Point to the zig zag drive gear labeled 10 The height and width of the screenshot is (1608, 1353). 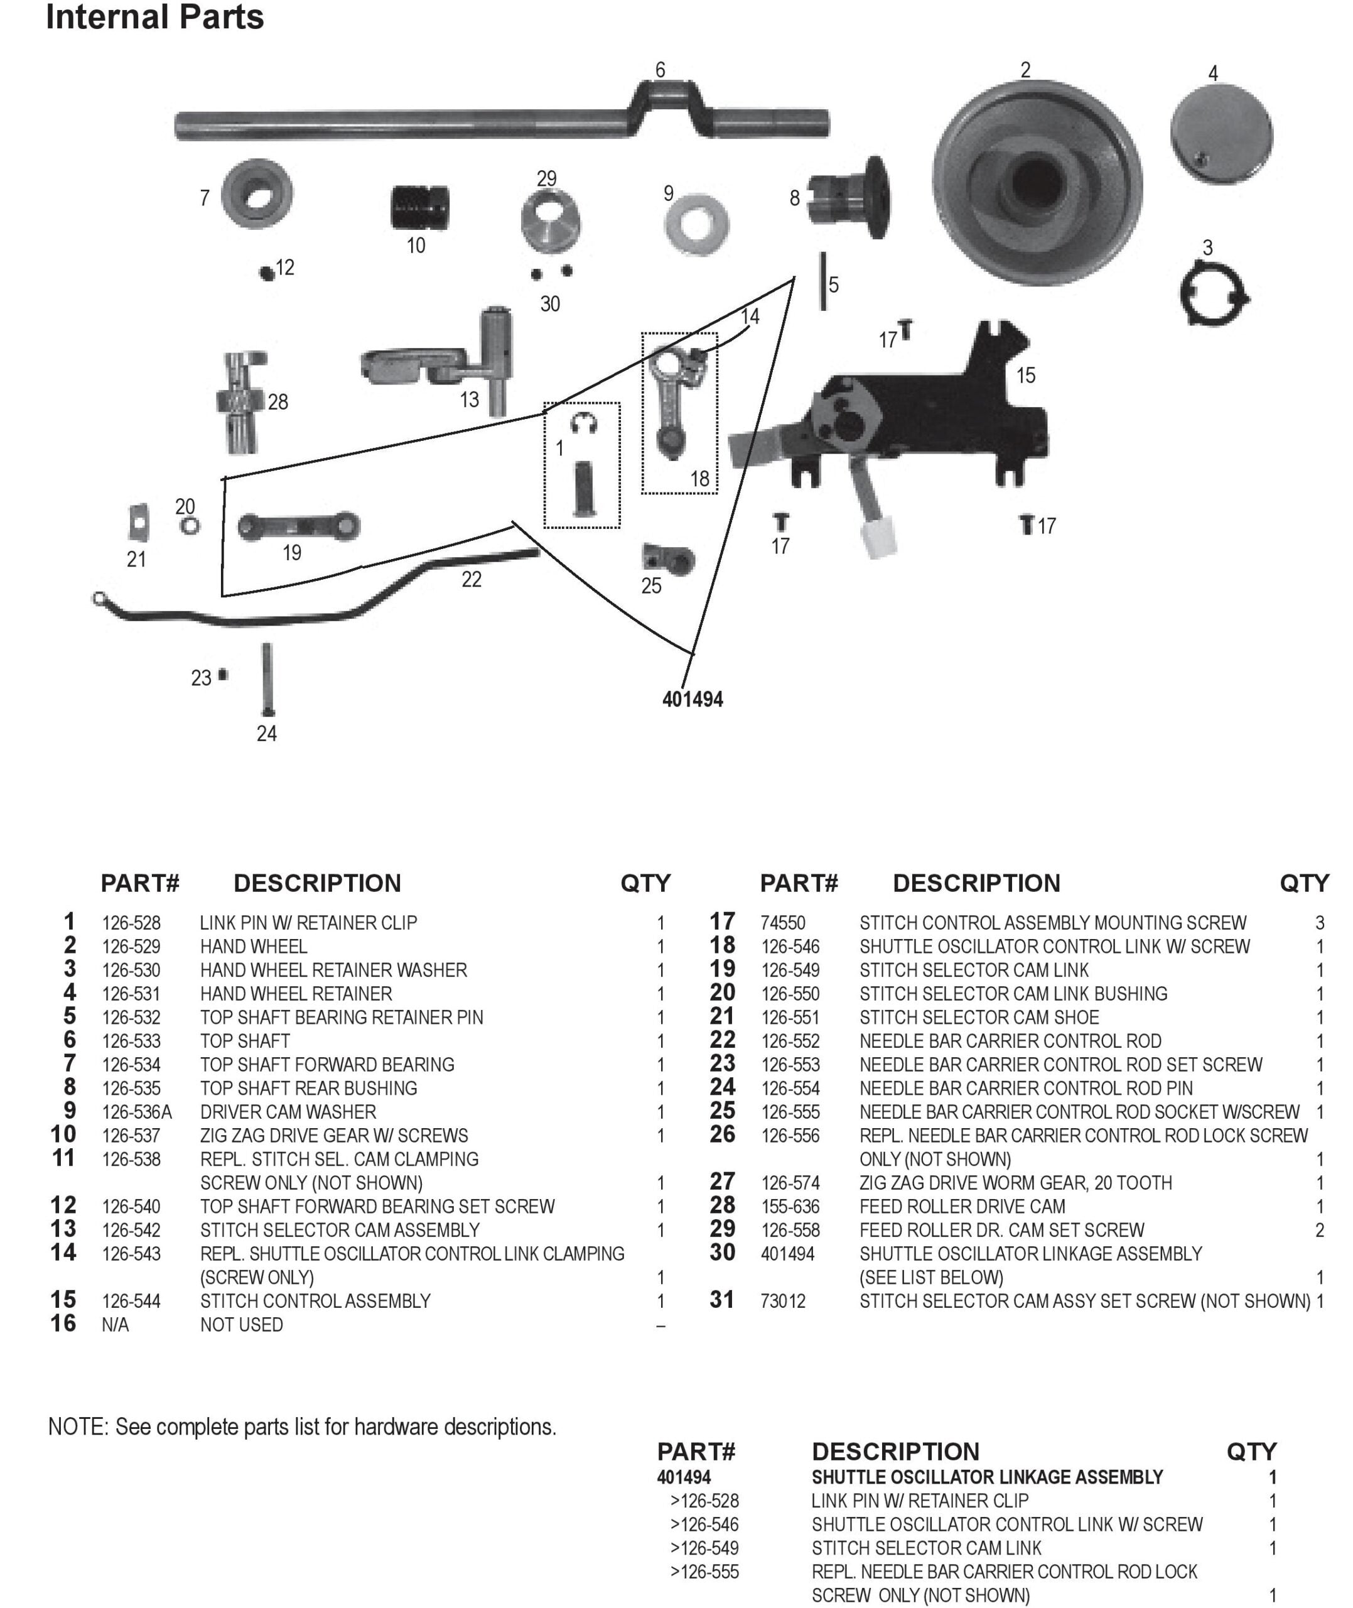point(419,207)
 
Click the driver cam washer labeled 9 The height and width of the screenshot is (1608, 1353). point(696,225)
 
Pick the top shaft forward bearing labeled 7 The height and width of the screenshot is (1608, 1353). point(257,193)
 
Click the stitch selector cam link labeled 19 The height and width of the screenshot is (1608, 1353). point(298,526)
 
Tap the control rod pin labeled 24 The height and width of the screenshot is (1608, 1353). point(267,679)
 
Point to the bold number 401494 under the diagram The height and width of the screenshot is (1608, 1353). point(693,699)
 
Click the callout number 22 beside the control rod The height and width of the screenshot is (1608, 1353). point(472,579)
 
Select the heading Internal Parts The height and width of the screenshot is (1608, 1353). point(155,17)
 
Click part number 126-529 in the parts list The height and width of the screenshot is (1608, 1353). point(131,947)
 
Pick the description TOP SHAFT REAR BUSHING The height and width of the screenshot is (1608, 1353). point(309,1088)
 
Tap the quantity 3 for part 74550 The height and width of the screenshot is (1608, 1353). point(1320,923)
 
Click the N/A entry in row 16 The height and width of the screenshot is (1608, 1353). point(115,1325)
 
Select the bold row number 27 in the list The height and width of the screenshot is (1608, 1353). point(723,1182)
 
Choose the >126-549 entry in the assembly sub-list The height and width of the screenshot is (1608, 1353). point(704,1548)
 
